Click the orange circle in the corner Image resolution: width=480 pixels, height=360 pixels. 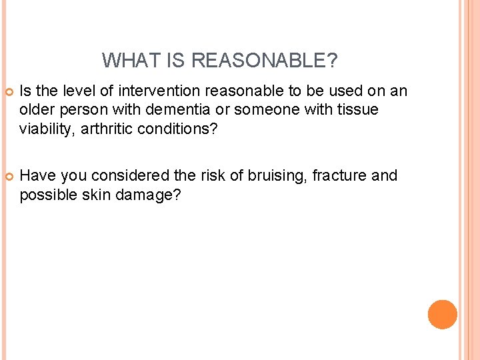coord(442,314)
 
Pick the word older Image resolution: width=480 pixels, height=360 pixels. coord(37,109)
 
